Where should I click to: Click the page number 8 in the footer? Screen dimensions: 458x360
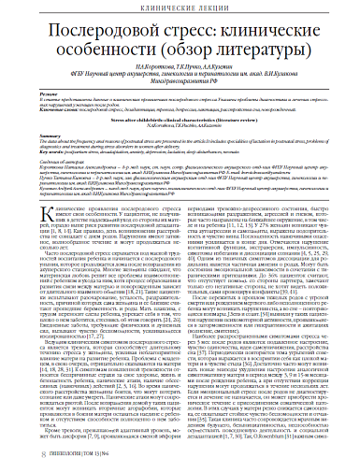(19, 448)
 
